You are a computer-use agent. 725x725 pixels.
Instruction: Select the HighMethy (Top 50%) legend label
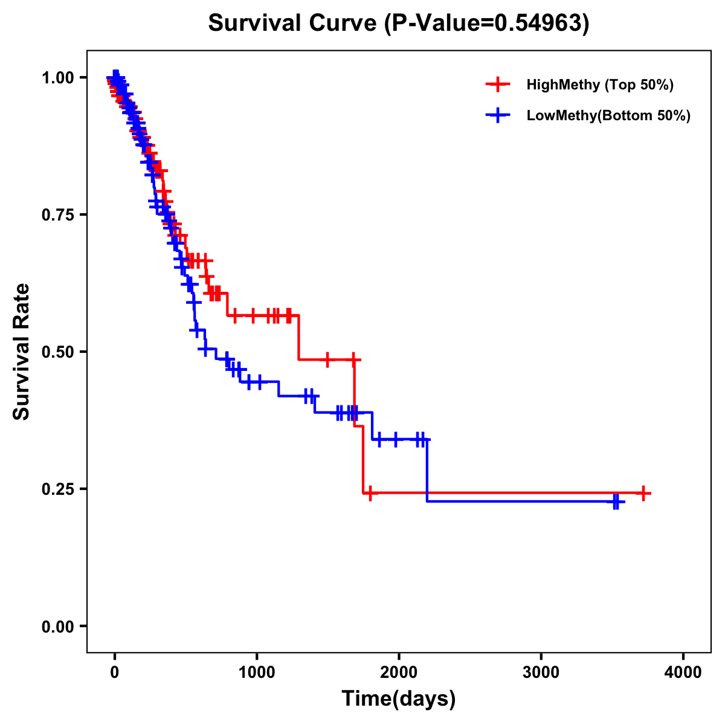point(599,85)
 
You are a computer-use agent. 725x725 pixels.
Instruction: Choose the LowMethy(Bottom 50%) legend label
point(608,115)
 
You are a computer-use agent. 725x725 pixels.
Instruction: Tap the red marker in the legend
point(498,85)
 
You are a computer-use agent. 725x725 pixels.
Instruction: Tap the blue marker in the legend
point(498,115)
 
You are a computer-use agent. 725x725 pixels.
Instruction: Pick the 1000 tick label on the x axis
point(257,672)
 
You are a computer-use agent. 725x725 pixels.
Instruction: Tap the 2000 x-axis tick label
point(399,672)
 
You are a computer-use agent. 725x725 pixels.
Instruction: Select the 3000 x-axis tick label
point(541,672)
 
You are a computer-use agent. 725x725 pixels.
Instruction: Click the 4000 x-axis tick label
point(683,672)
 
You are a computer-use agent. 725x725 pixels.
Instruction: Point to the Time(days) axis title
point(399,699)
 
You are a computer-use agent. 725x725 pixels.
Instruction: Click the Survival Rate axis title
point(22,352)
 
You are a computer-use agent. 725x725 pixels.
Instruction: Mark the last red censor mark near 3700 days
point(644,493)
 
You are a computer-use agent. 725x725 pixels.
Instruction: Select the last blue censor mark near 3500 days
point(616,501)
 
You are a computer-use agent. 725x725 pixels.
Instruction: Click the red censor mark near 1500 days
point(327,359)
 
